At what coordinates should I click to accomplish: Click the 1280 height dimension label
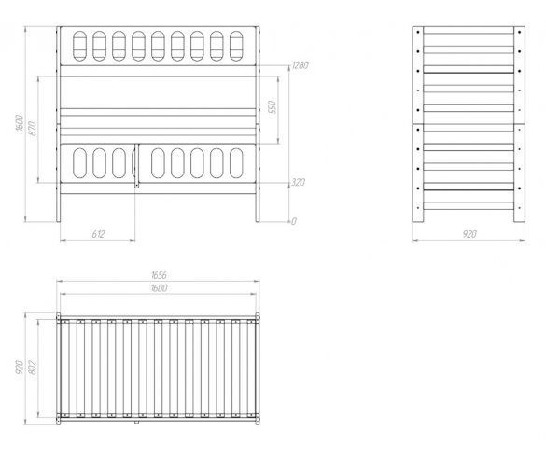click(x=301, y=65)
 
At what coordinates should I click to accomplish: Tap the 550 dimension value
click(x=273, y=107)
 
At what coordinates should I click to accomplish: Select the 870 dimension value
click(x=32, y=129)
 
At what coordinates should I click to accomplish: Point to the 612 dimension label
click(x=98, y=234)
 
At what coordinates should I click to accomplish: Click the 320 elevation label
click(x=299, y=182)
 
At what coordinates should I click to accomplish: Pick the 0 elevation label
click(x=294, y=221)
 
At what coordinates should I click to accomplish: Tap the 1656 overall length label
click(x=159, y=275)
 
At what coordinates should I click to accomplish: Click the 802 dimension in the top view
click(x=33, y=368)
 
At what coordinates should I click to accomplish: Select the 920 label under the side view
click(x=469, y=234)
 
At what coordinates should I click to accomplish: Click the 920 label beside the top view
click(x=20, y=368)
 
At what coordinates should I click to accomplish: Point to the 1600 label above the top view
click(x=160, y=288)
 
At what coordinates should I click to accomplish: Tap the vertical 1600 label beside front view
click(x=20, y=122)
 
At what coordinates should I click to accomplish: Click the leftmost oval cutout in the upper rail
click(x=79, y=47)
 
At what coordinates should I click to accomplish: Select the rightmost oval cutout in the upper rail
click(x=236, y=47)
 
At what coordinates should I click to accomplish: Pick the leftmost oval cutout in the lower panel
click(x=79, y=163)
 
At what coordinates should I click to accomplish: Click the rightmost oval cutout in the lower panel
click(x=236, y=163)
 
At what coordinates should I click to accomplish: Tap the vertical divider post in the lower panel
click(x=137, y=166)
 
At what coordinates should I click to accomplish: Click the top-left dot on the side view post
click(x=418, y=32)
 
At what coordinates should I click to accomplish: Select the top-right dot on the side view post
click(x=520, y=32)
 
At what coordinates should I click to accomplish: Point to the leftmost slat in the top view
click(x=64, y=369)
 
